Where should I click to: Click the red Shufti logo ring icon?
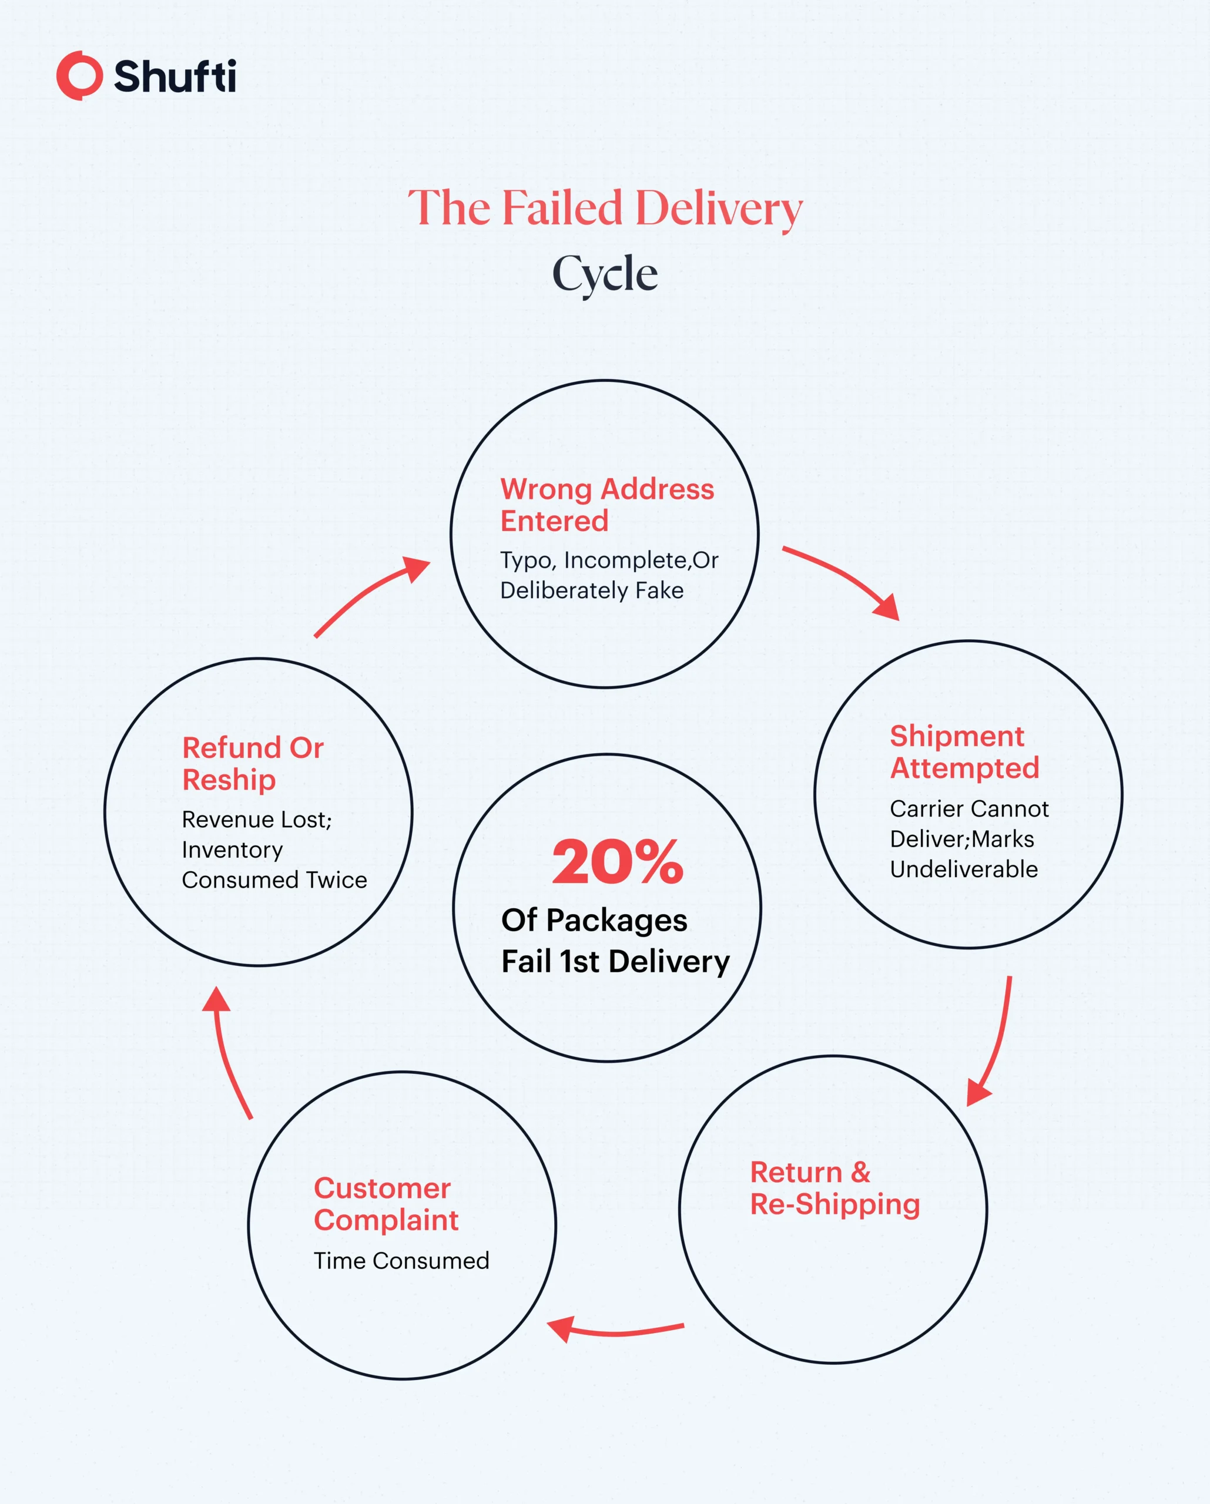click(79, 75)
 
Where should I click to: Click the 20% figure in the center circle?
click(617, 862)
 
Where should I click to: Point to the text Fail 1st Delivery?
click(615, 961)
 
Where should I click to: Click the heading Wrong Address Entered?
click(606, 505)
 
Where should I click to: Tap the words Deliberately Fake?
click(592, 591)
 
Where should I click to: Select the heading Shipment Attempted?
click(964, 752)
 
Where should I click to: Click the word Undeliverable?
click(964, 869)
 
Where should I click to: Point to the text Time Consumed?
click(401, 1261)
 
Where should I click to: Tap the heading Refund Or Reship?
click(252, 764)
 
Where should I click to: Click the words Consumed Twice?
click(274, 880)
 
